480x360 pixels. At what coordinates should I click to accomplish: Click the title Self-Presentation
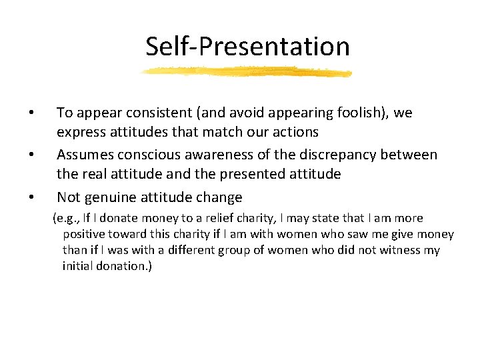(x=247, y=46)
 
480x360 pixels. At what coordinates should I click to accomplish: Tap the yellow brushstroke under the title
(x=247, y=72)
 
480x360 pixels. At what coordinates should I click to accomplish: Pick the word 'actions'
(x=293, y=133)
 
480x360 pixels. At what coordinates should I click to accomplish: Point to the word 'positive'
(x=84, y=235)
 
